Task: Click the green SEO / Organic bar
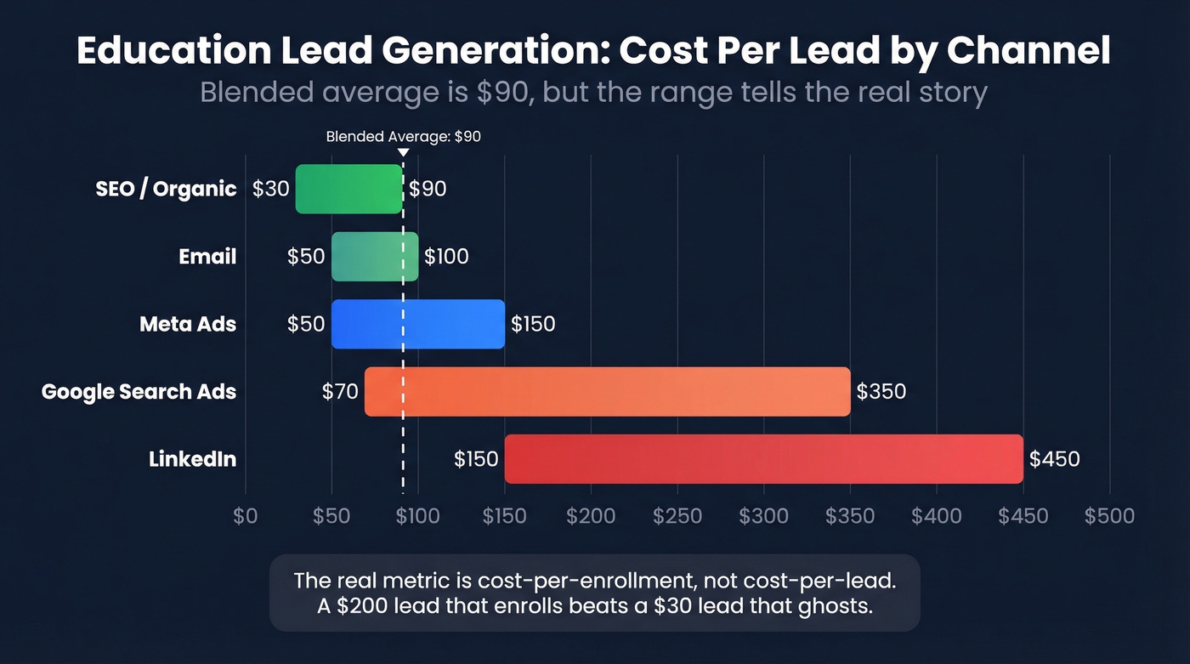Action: coord(348,189)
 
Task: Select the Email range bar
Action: coord(375,257)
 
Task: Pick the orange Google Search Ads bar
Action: coord(608,392)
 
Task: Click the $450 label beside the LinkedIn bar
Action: coord(1054,460)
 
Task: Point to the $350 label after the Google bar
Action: coord(881,392)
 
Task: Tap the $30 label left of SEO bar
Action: coord(271,189)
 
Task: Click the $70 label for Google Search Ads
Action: coord(340,392)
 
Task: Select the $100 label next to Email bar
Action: coord(446,257)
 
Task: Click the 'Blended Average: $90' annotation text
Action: coord(404,137)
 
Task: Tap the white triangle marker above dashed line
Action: coord(403,152)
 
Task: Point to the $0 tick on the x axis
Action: coord(246,516)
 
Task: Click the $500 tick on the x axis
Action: coord(1109,516)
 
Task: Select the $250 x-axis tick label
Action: coord(677,516)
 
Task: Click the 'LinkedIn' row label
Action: coord(192,460)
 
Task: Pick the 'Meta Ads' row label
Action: coord(188,324)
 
